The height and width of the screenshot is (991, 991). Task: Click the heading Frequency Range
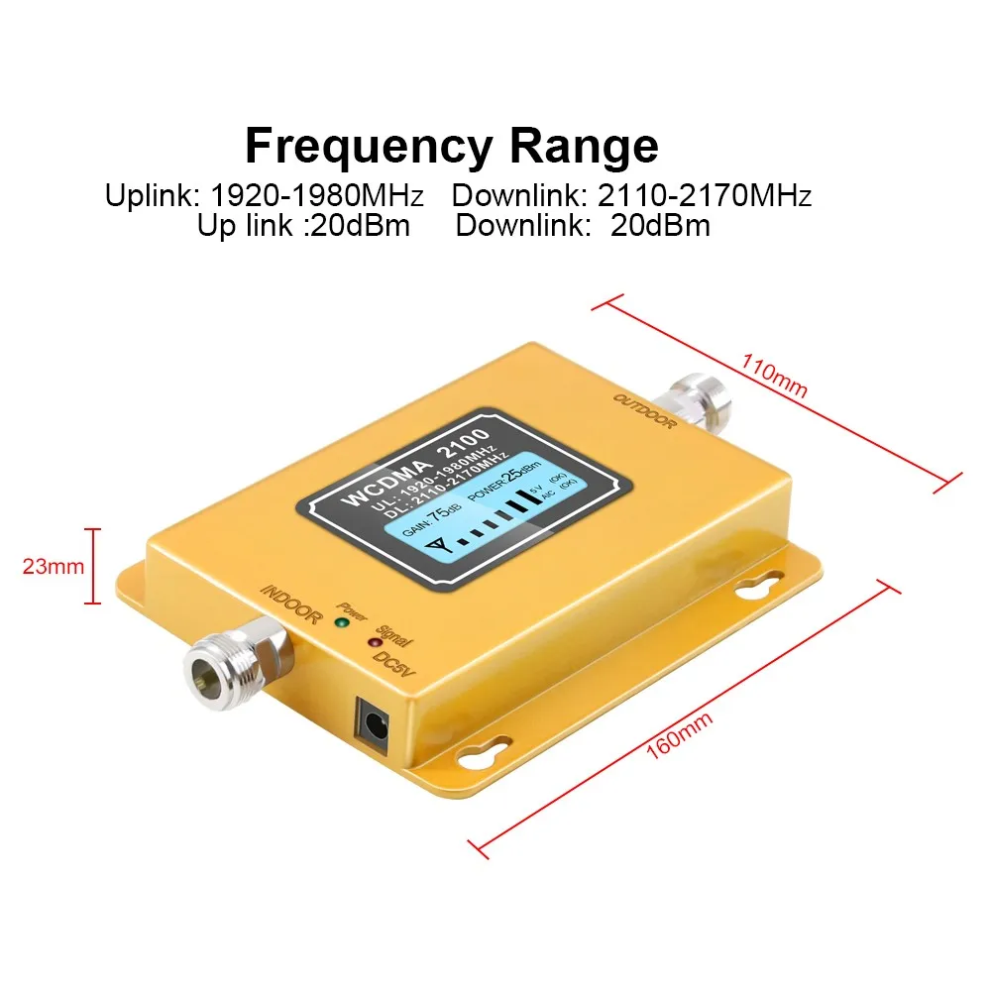451,147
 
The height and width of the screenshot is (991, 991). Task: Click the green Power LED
340,622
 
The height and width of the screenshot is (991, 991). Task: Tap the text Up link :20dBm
303,225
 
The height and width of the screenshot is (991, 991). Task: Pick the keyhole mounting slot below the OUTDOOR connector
759,587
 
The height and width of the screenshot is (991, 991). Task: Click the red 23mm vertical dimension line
96,566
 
